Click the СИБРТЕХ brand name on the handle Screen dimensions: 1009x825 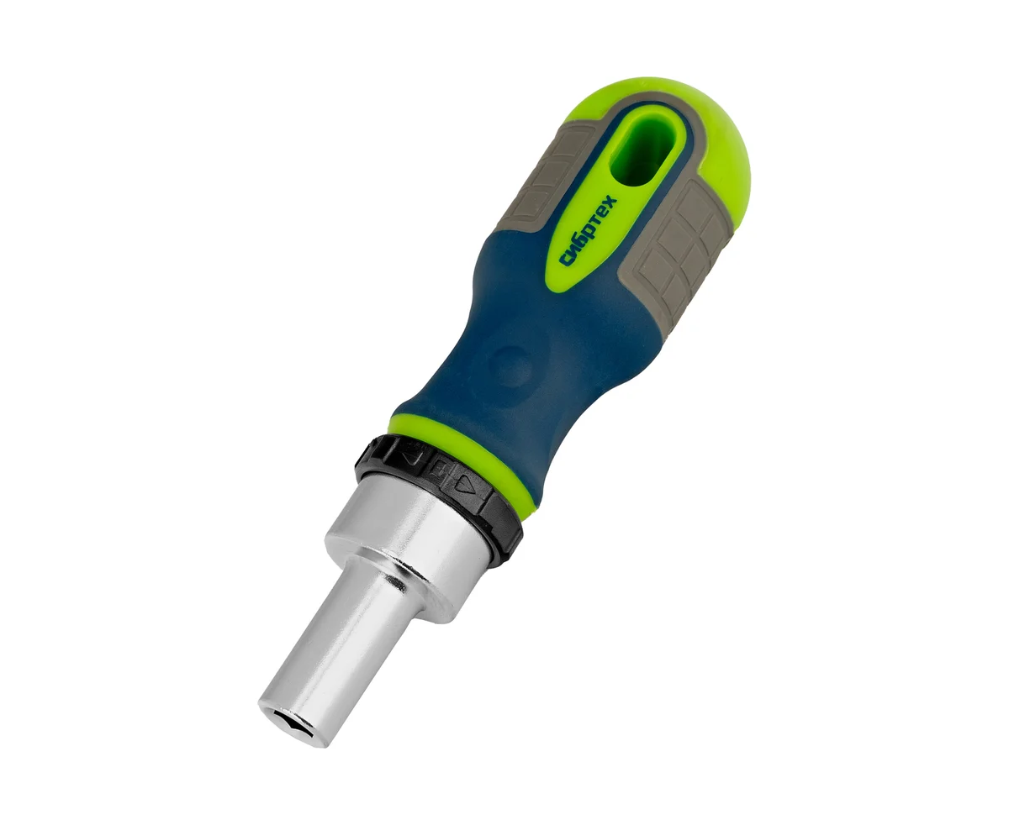(589, 230)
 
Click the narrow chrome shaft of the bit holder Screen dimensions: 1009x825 (335, 661)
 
